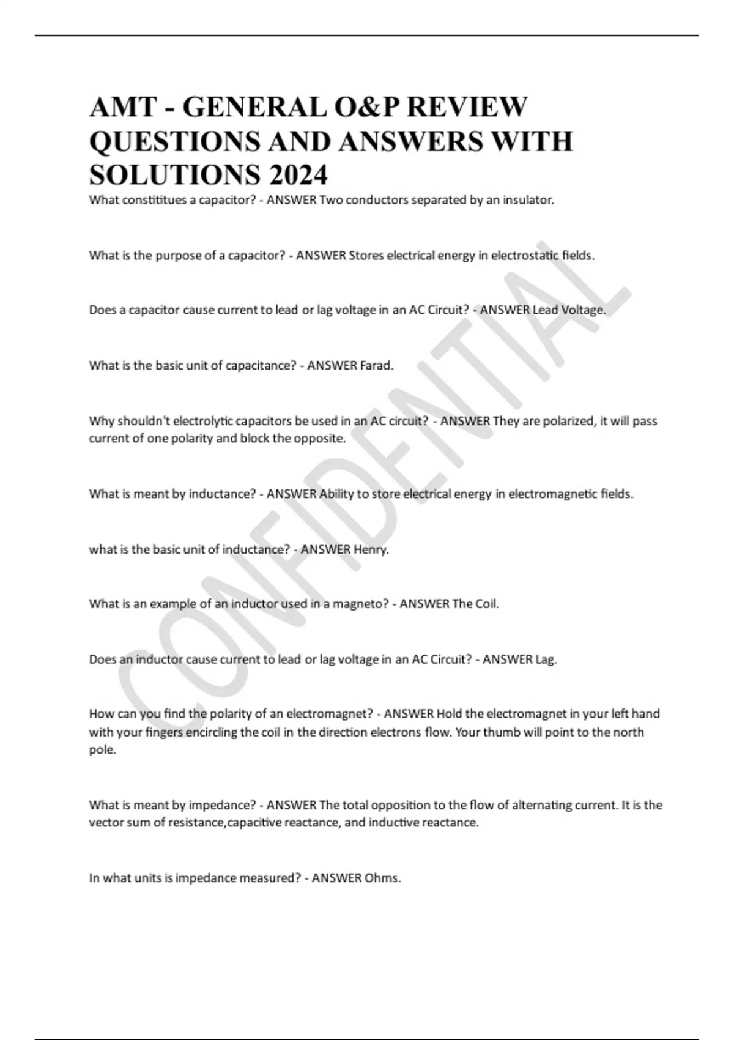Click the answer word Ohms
tap(383, 878)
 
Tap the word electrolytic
tap(202, 421)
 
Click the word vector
tap(106, 823)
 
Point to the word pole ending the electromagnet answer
tap(102, 750)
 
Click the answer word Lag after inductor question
tap(546, 659)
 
